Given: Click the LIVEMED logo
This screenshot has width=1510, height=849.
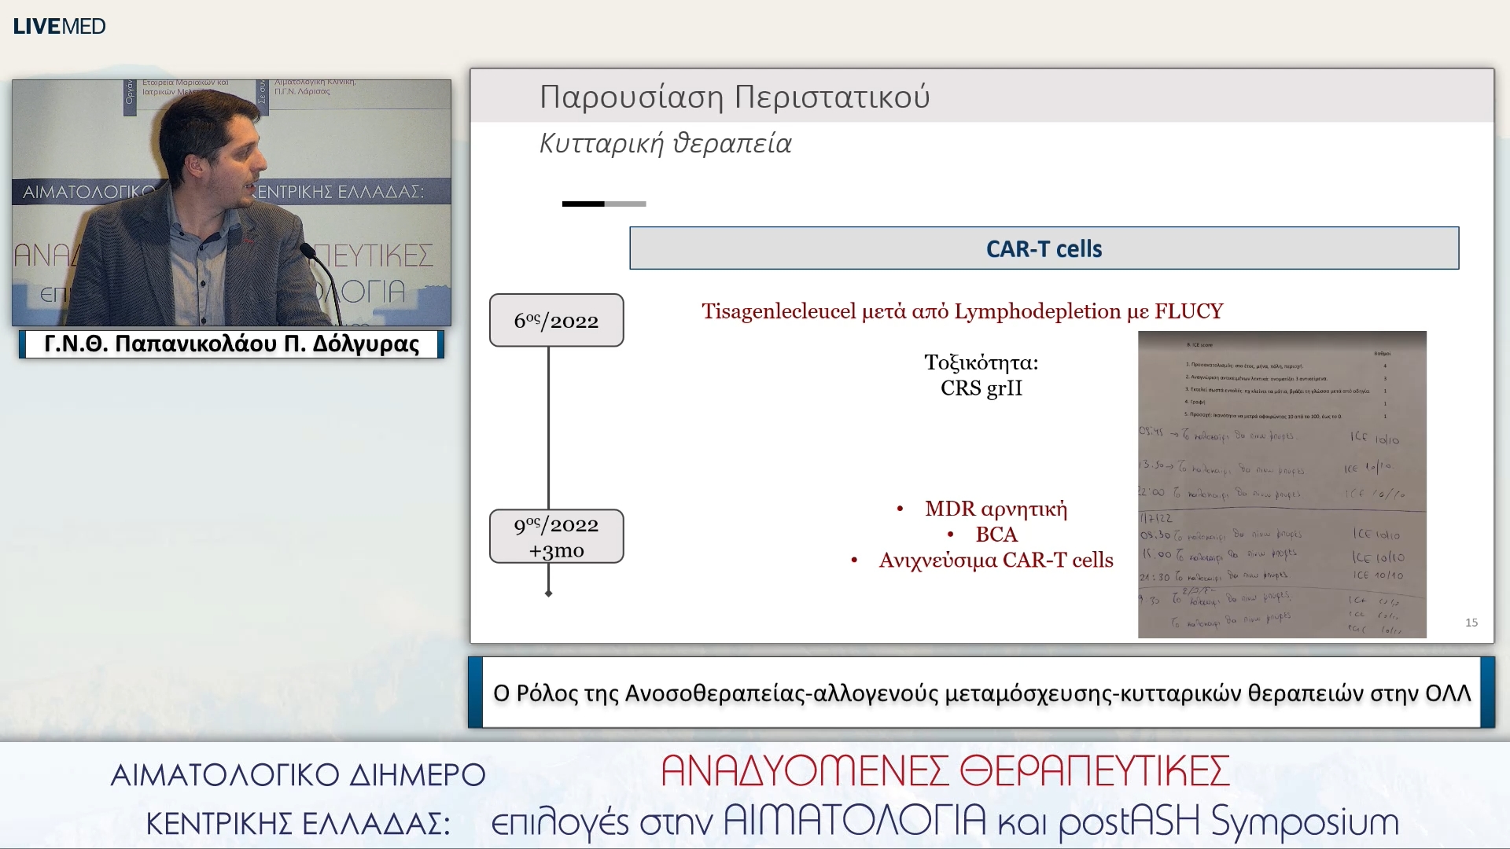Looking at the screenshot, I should [x=59, y=26].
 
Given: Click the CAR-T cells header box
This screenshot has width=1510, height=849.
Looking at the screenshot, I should [x=1044, y=248].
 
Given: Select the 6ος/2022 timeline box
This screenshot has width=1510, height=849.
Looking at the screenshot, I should [x=556, y=320].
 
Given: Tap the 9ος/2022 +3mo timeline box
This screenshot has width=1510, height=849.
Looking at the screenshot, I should [x=556, y=536].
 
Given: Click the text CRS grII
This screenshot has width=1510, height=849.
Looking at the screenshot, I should [x=981, y=388].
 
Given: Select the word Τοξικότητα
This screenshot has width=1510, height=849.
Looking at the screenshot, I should [x=981, y=362].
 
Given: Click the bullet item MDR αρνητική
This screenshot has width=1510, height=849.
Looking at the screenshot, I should [x=996, y=509].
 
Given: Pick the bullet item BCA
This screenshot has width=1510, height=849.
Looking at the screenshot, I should [x=996, y=535].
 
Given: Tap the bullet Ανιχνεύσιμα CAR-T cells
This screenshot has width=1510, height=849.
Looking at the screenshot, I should [x=996, y=560].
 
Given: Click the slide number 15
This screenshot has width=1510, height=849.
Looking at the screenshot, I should [x=1471, y=623].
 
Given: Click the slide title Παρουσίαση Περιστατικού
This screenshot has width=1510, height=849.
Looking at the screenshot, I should [x=735, y=97].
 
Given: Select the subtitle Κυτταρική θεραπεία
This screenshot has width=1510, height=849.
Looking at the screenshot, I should [x=665, y=144].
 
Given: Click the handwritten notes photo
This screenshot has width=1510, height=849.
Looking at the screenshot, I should [x=1282, y=483].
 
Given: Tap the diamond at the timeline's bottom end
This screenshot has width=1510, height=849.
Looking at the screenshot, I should [x=548, y=594].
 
